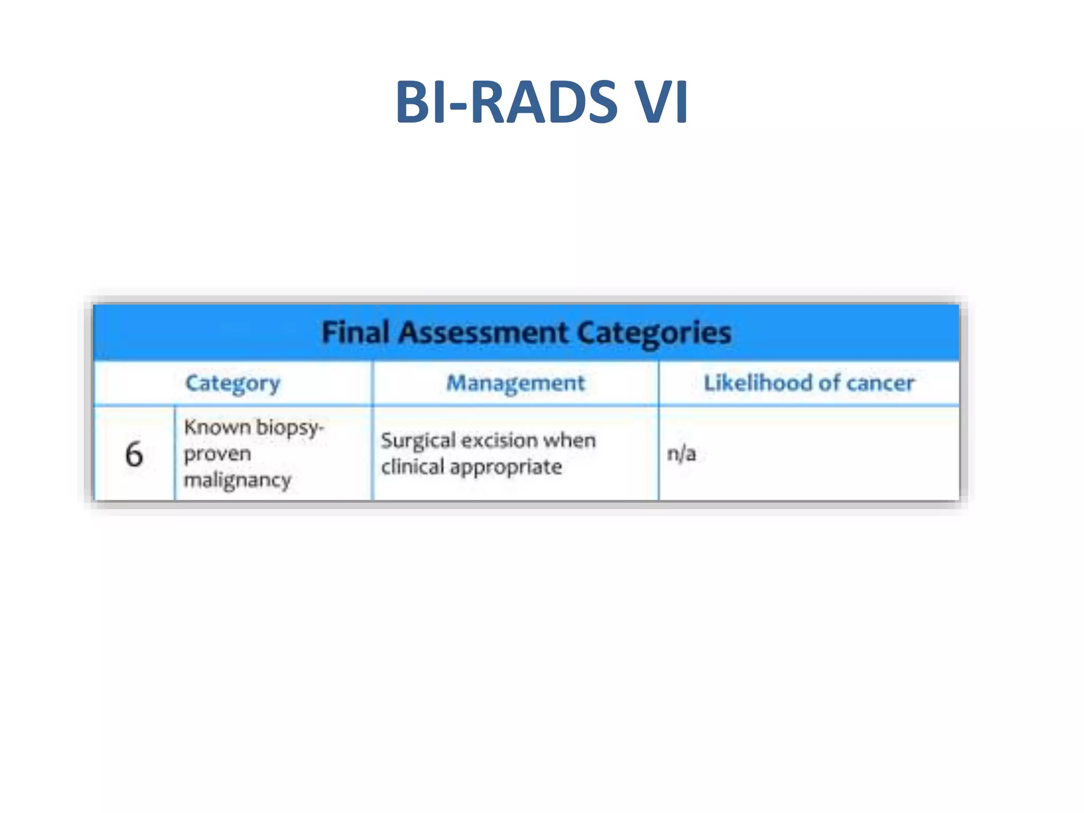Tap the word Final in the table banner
[355, 333]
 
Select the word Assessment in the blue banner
[483, 333]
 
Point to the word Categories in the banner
[654, 333]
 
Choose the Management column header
[516, 383]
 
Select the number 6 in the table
[134, 454]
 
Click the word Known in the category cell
[217, 427]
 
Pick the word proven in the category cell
[217, 454]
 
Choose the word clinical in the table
[412, 467]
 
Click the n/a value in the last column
[681, 454]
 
